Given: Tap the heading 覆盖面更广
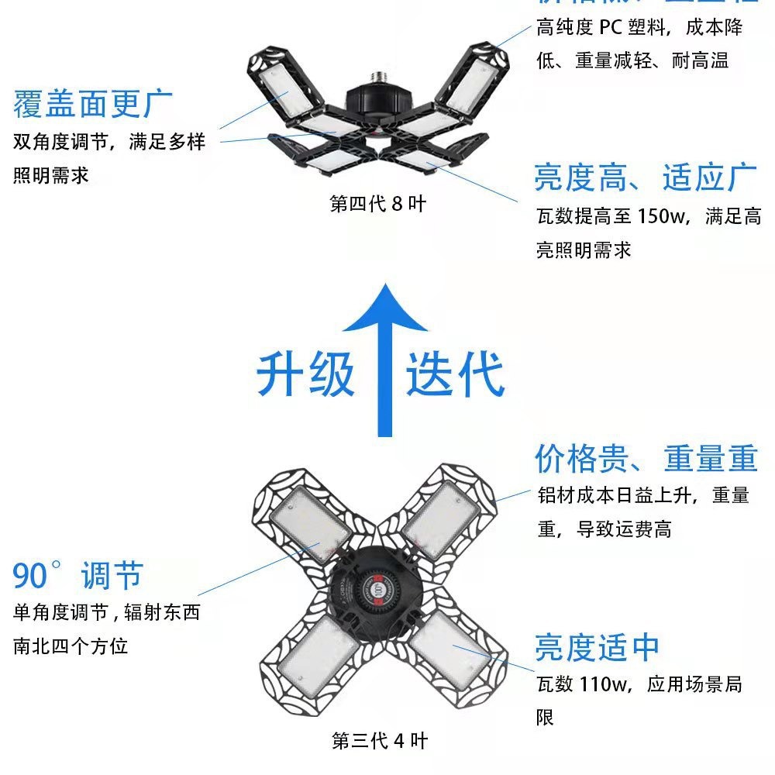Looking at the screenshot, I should (x=93, y=104).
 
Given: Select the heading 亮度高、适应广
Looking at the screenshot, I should (x=645, y=177).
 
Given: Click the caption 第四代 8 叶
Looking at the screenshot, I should (x=377, y=205).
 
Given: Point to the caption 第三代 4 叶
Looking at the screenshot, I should (x=379, y=741).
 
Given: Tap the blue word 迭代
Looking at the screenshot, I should (x=455, y=374).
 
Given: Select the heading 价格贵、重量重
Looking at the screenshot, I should (x=645, y=459).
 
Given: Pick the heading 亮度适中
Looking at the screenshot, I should (x=597, y=647).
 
